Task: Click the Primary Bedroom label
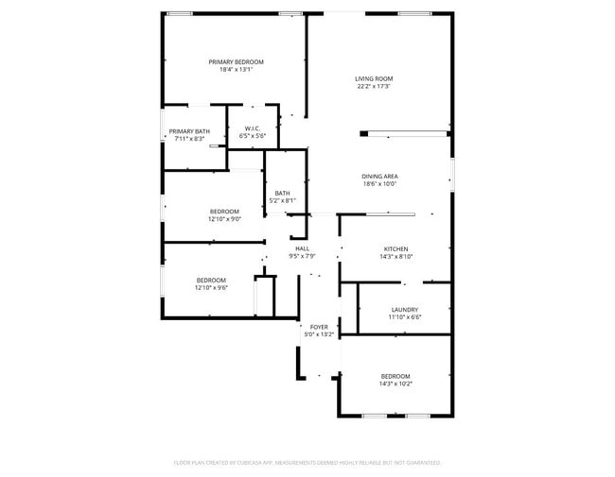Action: [236, 61]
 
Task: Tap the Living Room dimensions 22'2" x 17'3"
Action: [374, 86]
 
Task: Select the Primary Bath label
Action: [189, 131]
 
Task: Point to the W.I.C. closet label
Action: [253, 128]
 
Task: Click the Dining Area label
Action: [378, 177]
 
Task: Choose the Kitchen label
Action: [395, 248]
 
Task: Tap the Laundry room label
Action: [405, 309]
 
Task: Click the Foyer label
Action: [319, 327]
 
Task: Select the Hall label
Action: [302, 248]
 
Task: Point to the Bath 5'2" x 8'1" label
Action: [283, 194]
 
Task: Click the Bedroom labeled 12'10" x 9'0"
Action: [224, 211]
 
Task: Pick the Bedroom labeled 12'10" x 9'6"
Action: [211, 280]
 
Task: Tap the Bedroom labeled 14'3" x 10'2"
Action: [395, 375]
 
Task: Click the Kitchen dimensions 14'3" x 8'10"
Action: [395, 256]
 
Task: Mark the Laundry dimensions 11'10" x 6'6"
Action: [405, 316]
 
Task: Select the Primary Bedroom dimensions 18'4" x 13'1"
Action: [236, 69]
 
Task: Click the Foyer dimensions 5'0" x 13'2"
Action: [319, 334]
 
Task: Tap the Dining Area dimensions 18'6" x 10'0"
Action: [378, 184]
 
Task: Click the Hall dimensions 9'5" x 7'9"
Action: [302, 256]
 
